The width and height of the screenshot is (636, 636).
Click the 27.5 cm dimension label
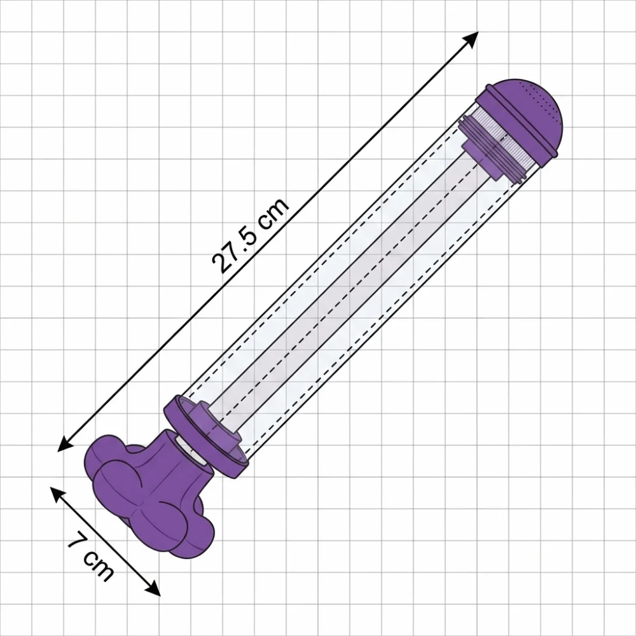250,235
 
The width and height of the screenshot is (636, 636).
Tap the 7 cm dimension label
90,559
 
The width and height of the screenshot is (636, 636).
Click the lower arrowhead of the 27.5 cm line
66,444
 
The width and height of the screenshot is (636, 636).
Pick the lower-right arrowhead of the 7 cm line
153,588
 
